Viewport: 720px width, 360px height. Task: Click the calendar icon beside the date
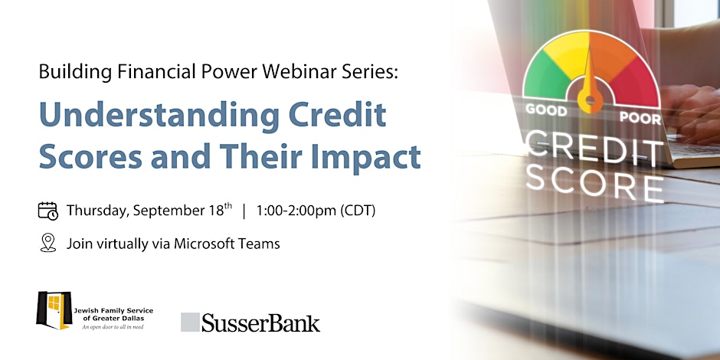pos(47,211)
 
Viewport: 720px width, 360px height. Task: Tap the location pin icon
pos(47,243)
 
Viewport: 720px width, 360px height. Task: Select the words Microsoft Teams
pos(227,244)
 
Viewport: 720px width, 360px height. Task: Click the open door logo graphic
pos(54,310)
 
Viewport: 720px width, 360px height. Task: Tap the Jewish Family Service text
pos(113,311)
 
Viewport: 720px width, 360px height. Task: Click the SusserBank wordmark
pos(260,323)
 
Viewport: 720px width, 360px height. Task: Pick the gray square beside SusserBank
pos(190,322)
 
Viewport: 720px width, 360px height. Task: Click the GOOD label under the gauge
pos(545,110)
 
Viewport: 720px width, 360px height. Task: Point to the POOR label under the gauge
pos(640,117)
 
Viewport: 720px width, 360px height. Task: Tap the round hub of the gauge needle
pos(590,100)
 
